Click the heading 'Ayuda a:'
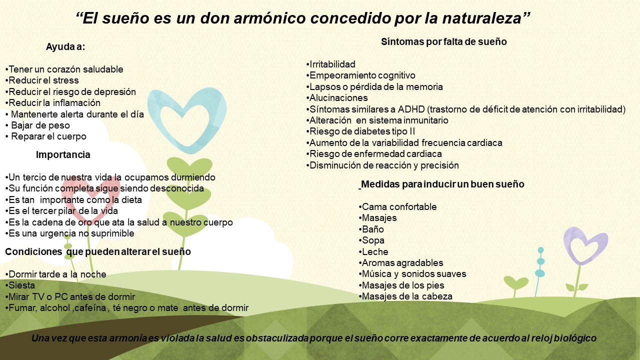pyautogui.click(x=65, y=46)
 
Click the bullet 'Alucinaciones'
pyautogui.click(x=337, y=97)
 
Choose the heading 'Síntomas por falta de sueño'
pyautogui.click(x=443, y=41)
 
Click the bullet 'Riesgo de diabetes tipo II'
pyautogui.click(x=360, y=131)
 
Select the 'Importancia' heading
pyautogui.click(x=63, y=154)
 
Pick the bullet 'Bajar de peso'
pyautogui.click(x=37, y=125)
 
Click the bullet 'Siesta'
pyautogui.click(x=20, y=285)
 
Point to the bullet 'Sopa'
pyautogui.click(x=371, y=240)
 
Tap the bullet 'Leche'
pyautogui.click(x=373, y=251)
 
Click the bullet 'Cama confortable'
pyautogui.click(x=397, y=206)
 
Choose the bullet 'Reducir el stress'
pyautogui.click(x=42, y=80)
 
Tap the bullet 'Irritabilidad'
pyautogui.click(x=330, y=64)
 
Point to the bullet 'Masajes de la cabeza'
pyautogui.click(x=405, y=296)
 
